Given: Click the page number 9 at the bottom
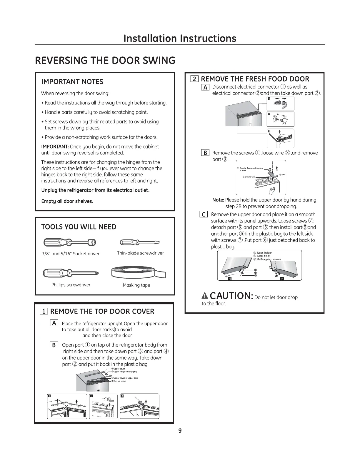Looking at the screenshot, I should point(180,431).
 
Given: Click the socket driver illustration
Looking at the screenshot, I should point(70,242).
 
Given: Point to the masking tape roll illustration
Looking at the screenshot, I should point(139,272).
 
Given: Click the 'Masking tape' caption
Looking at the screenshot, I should point(136,285).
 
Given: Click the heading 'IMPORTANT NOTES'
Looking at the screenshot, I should point(72,82).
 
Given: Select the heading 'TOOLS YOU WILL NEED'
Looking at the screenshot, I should point(79,227).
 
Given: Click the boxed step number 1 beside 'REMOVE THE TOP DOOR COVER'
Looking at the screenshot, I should point(44,312).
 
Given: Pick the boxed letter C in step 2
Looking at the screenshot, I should point(204,214).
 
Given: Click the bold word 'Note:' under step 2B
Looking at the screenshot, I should point(218,200).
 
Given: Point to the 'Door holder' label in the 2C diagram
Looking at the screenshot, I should point(264,253).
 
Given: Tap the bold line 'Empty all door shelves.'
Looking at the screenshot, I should point(67,201).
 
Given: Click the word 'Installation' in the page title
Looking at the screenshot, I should point(150,38).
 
